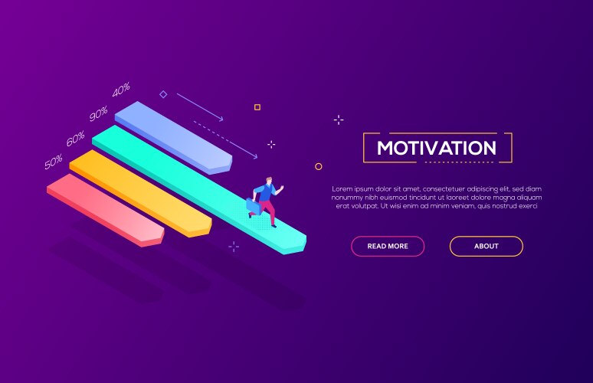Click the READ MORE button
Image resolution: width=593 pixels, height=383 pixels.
click(x=387, y=246)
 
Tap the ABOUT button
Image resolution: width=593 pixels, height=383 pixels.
click(x=486, y=246)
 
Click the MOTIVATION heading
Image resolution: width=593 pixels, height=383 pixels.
click(x=437, y=148)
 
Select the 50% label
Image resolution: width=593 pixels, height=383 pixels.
click(x=54, y=162)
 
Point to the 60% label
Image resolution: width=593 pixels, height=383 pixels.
click(x=75, y=139)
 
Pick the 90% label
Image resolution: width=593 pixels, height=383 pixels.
click(x=98, y=114)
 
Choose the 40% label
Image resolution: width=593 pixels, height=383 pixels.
click(x=121, y=90)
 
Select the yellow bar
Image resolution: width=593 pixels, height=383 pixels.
click(x=138, y=191)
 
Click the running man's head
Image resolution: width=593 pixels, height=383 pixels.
click(x=268, y=182)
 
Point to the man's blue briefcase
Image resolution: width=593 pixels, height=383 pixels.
click(x=253, y=206)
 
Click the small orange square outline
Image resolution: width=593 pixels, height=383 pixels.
click(x=257, y=107)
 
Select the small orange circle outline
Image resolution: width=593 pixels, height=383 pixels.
click(x=319, y=166)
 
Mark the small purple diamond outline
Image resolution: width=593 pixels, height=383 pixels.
click(x=163, y=94)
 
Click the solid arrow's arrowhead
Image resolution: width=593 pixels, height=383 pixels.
click(x=221, y=119)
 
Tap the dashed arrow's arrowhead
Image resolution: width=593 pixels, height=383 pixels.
click(x=255, y=156)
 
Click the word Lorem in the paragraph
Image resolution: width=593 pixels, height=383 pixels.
click(x=342, y=188)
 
